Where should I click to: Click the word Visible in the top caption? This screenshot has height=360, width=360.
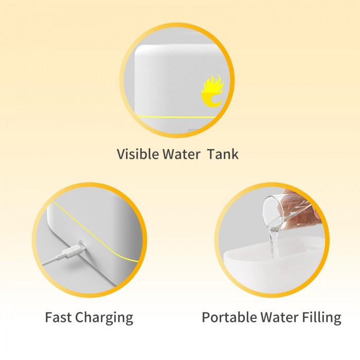point(137,154)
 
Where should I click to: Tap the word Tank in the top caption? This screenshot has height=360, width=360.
point(223,154)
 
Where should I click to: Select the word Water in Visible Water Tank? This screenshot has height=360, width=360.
point(182,154)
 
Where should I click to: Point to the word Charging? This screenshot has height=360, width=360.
point(104,318)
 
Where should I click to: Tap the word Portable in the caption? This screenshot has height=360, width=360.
point(229,317)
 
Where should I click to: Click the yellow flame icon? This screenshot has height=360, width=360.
point(212,91)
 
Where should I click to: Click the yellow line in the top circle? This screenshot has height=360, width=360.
point(176,117)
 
